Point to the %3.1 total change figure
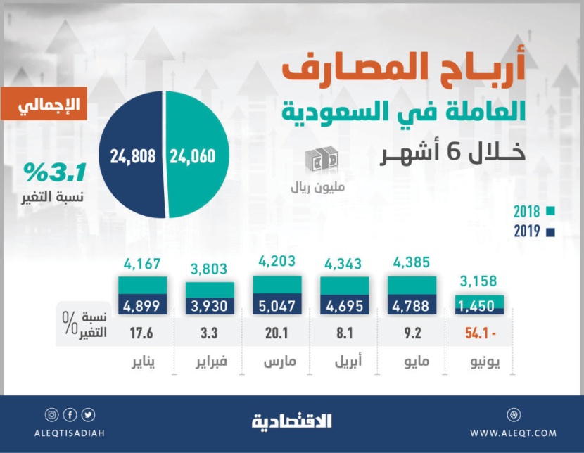pos(51,172)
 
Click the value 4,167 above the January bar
pos(141,264)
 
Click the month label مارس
pos(279,363)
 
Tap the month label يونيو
pos(486,363)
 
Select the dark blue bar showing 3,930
pos(210,307)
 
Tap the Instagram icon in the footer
pos(51,415)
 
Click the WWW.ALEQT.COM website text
pos(513,433)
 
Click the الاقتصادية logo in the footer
pos(291,421)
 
